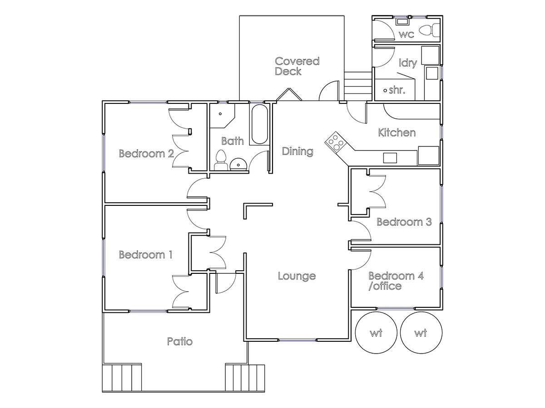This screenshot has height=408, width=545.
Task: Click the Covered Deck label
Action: [297, 66]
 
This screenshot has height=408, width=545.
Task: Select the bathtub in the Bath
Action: [259, 125]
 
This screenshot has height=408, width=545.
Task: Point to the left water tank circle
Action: [376, 334]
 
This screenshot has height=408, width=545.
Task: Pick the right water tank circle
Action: [421, 334]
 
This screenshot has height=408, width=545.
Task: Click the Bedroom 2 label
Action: [146, 153]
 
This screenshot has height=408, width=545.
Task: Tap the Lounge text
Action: [297, 276]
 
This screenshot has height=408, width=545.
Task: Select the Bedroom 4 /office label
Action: [396, 281]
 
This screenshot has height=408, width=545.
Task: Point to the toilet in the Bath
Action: [221, 160]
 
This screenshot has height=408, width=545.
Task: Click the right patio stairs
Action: [245, 377]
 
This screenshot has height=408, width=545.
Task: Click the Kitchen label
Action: [396, 132]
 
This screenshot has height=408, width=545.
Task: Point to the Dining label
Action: [297, 151]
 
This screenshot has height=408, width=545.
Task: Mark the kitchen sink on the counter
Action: [390, 158]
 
